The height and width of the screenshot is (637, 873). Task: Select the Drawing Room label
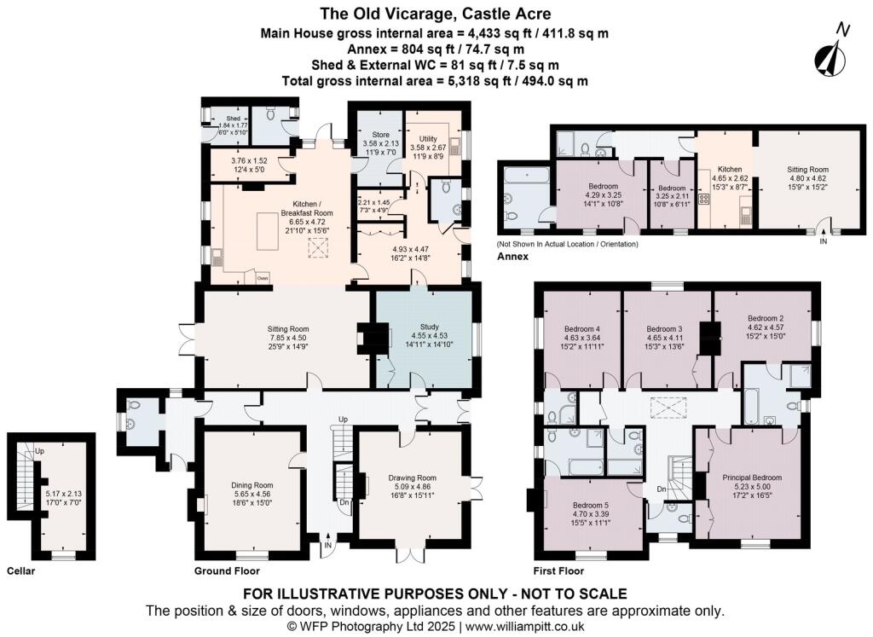coord(412,478)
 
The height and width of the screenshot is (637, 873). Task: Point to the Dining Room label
coord(253,484)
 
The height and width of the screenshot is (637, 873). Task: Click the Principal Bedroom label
coord(751,478)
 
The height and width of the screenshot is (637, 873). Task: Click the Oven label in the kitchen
coord(263,277)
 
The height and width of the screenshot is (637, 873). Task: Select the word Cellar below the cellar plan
coord(20,570)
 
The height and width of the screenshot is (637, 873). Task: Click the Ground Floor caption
coord(227,570)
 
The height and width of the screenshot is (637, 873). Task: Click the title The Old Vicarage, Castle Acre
coord(436,14)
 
